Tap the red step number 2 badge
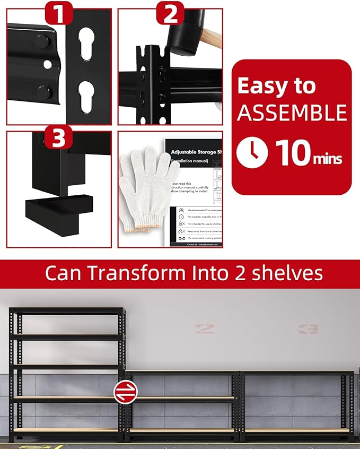(x=170, y=14)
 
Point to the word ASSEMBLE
(x=291, y=113)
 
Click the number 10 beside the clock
(x=291, y=153)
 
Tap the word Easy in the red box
(x=260, y=86)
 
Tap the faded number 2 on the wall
(x=204, y=329)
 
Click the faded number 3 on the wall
(x=308, y=329)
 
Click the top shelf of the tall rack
(x=67, y=312)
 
